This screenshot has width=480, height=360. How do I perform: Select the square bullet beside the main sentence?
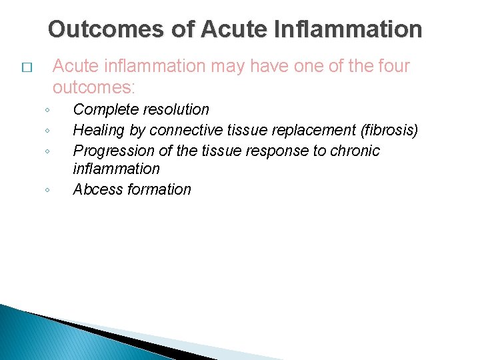[x=26, y=68]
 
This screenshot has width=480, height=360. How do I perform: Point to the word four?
[x=390, y=66]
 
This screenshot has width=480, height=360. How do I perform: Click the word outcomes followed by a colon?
[x=93, y=87]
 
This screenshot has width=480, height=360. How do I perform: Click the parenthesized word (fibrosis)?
[x=389, y=130]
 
